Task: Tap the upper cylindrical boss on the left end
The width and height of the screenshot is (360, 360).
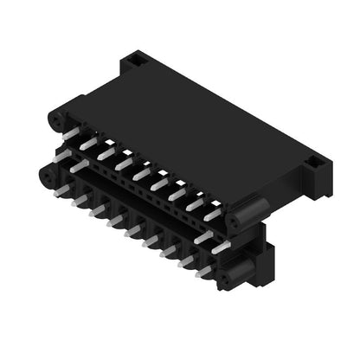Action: (56, 119)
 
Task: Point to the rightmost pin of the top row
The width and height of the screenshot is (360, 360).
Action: (213, 213)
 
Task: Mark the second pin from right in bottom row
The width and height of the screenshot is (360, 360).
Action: (187, 260)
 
